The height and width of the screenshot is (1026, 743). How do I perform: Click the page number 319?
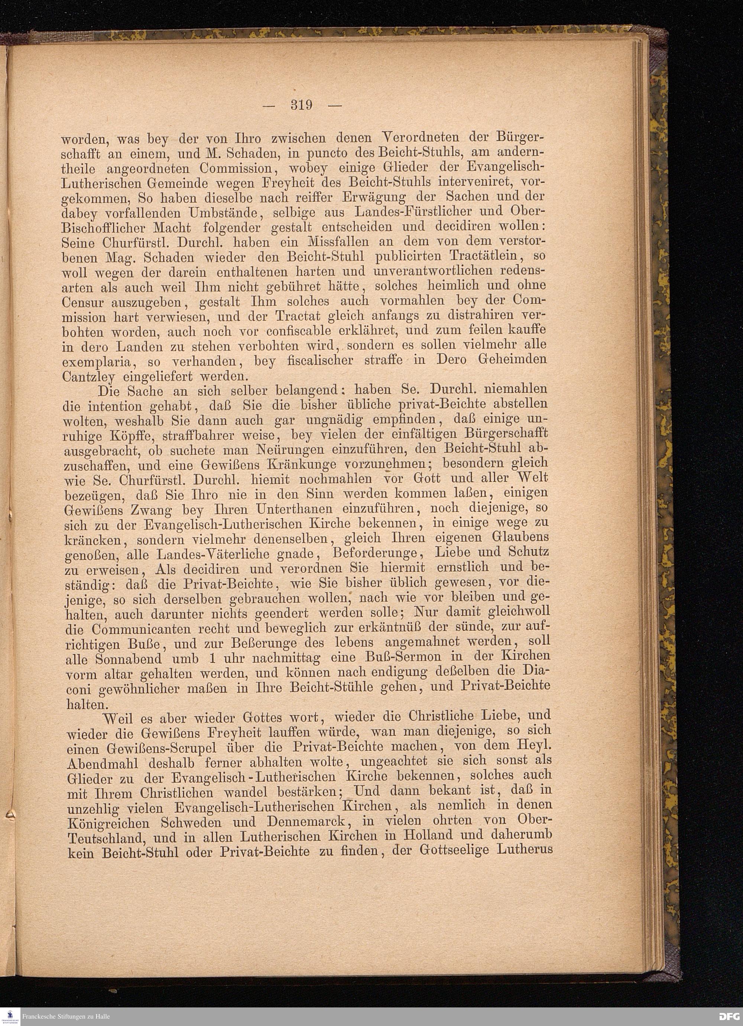[x=302, y=106]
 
